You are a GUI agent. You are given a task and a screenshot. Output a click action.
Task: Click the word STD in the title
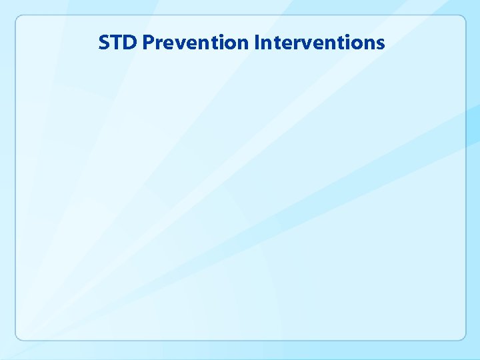(x=118, y=43)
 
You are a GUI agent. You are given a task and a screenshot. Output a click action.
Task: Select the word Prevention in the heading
(x=196, y=43)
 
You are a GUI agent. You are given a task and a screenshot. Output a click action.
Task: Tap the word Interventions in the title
(x=319, y=43)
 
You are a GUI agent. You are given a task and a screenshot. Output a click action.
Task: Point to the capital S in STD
(x=104, y=43)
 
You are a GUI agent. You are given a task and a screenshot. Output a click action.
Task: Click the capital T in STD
(x=116, y=43)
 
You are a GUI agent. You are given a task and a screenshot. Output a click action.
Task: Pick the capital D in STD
(x=130, y=43)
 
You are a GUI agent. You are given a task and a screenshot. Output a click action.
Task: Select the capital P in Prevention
(x=148, y=43)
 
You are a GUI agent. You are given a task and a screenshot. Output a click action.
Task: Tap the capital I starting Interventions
(x=257, y=43)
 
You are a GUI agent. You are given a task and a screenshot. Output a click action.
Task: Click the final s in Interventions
(x=380, y=44)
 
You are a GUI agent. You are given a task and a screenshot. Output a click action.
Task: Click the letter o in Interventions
(x=358, y=44)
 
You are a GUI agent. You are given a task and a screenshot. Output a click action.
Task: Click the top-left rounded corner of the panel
(x=19, y=19)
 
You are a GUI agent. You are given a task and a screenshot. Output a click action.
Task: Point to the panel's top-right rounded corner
(x=462, y=19)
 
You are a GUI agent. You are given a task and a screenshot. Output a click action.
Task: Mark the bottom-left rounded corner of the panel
(x=19, y=337)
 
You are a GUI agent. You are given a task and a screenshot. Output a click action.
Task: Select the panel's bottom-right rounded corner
(x=462, y=337)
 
